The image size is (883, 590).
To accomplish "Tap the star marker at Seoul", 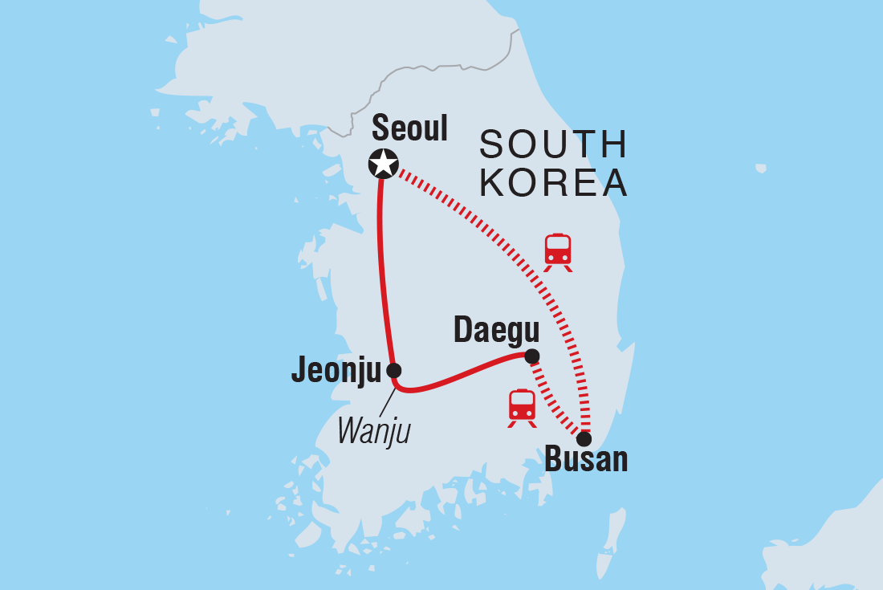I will (383, 164).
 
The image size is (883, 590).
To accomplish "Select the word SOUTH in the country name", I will (553, 145).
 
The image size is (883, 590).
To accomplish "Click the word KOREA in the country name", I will (553, 183).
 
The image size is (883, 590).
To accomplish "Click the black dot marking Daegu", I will (531, 356).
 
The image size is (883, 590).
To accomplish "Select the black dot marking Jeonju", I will (393, 370).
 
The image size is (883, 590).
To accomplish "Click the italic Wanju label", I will (373, 431).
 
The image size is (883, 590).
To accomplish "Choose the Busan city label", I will (586, 461).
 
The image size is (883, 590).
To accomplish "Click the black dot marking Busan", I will (584, 439).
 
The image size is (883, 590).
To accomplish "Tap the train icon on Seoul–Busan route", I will (558, 251).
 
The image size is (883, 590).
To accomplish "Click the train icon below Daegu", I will (522, 407).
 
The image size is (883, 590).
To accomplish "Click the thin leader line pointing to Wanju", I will (385, 404).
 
